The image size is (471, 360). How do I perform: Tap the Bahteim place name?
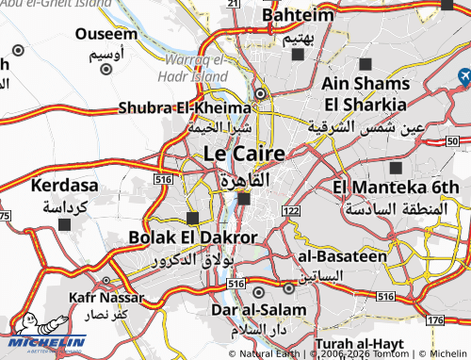point(298,16)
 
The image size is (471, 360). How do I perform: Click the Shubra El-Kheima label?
point(185,107)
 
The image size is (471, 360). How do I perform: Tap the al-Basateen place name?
point(342,255)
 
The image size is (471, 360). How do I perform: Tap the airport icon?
point(464,75)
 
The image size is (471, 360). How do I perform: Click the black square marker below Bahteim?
point(298,54)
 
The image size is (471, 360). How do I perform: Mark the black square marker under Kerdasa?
point(64,224)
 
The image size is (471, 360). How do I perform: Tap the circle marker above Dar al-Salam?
point(287,287)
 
